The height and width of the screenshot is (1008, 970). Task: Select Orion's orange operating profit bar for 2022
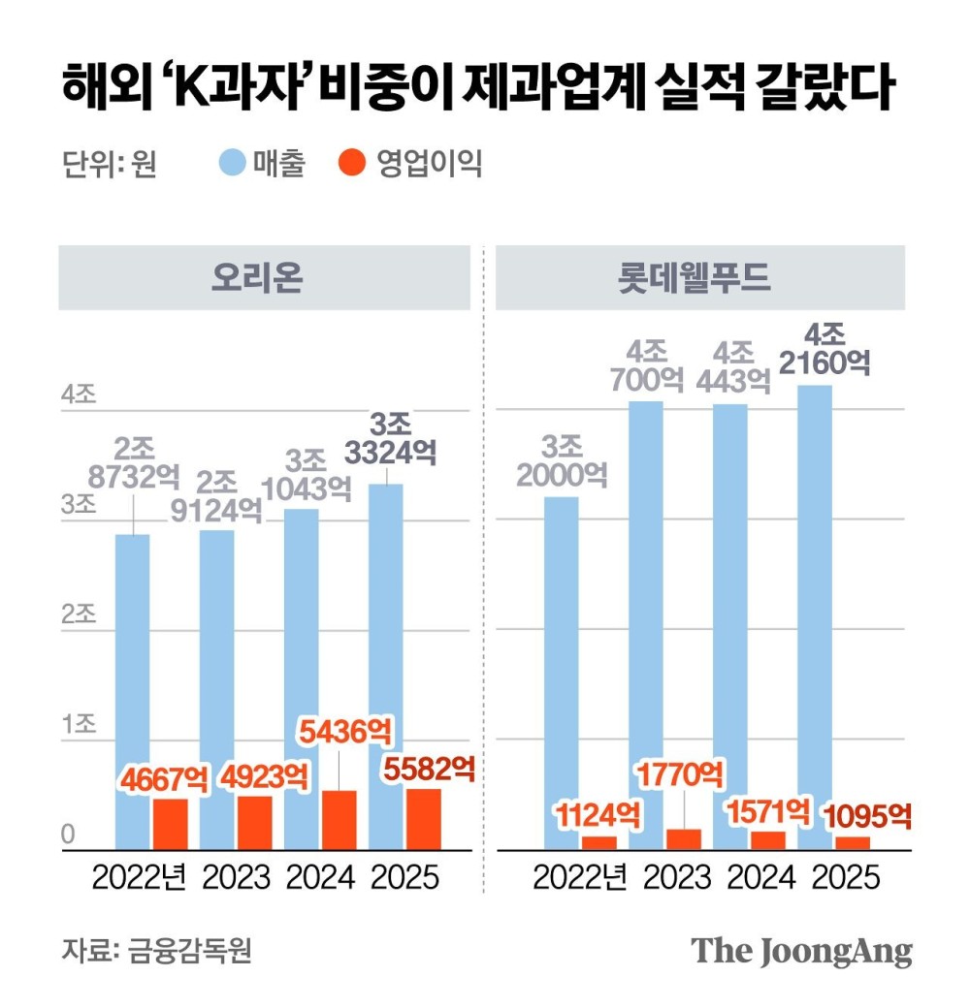[x=170, y=824]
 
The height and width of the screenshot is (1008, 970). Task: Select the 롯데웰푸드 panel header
[x=700, y=278]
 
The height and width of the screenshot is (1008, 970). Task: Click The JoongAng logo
[x=802, y=950]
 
